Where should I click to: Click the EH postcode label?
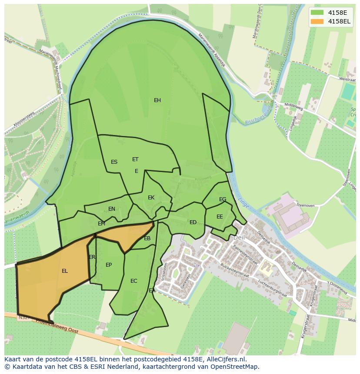point(157,100)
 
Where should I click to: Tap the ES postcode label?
point(114,162)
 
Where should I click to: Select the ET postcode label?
point(135,159)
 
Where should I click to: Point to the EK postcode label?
point(151,198)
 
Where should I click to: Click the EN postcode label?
point(112,209)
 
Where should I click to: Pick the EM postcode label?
point(101,224)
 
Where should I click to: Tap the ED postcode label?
point(193,222)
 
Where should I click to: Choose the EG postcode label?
point(223,199)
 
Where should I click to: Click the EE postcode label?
point(220,217)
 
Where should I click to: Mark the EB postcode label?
point(147,238)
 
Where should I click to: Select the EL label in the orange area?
point(65,271)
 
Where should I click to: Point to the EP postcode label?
point(109,265)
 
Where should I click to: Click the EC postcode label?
point(134,281)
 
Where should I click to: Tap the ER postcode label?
point(92,257)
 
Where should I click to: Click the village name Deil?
point(240,238)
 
